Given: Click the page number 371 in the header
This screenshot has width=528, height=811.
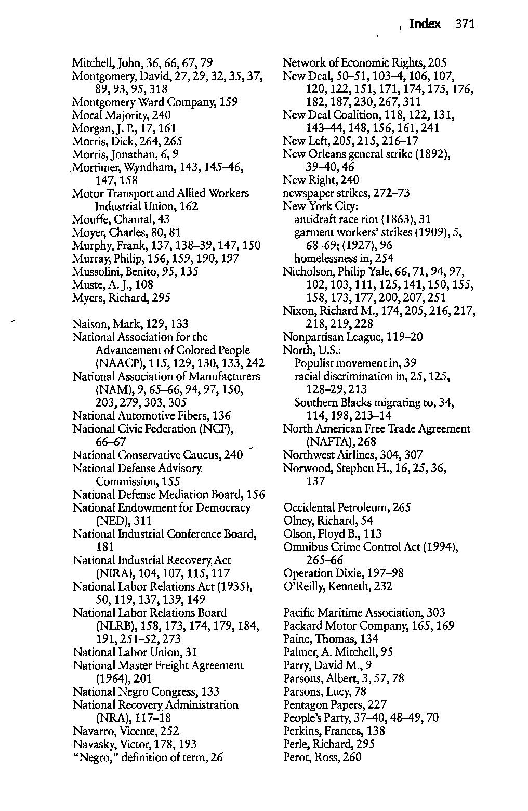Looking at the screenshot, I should coord(465,24).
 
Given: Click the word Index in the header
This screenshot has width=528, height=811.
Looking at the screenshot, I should coord(425,24).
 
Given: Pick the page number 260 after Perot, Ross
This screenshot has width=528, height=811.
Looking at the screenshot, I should coord(352,757).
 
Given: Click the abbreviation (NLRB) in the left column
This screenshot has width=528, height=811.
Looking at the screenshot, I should coord(117,626).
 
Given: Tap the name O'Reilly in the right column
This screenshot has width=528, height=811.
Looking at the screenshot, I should coord(302,586).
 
